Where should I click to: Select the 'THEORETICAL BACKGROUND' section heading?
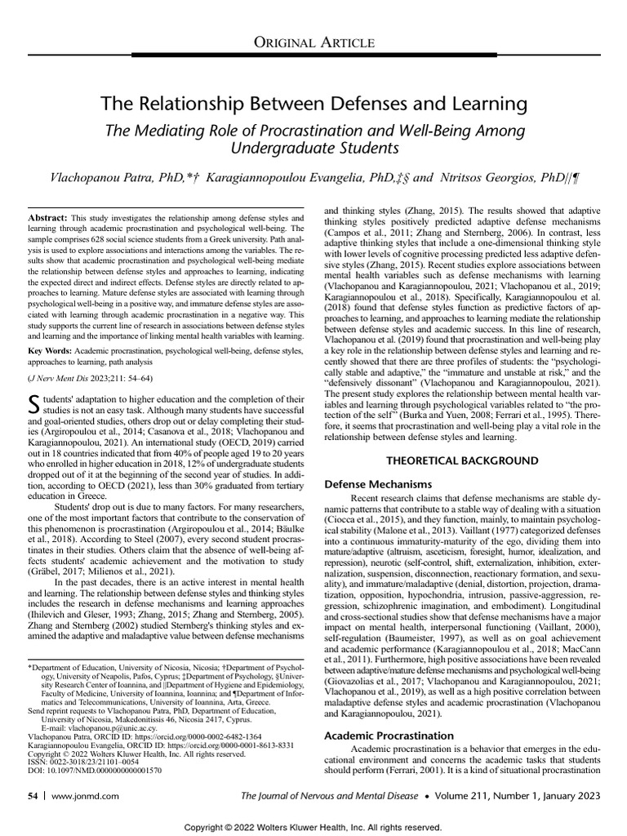pos(461,460)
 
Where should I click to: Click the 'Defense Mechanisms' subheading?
pos(378,484)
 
